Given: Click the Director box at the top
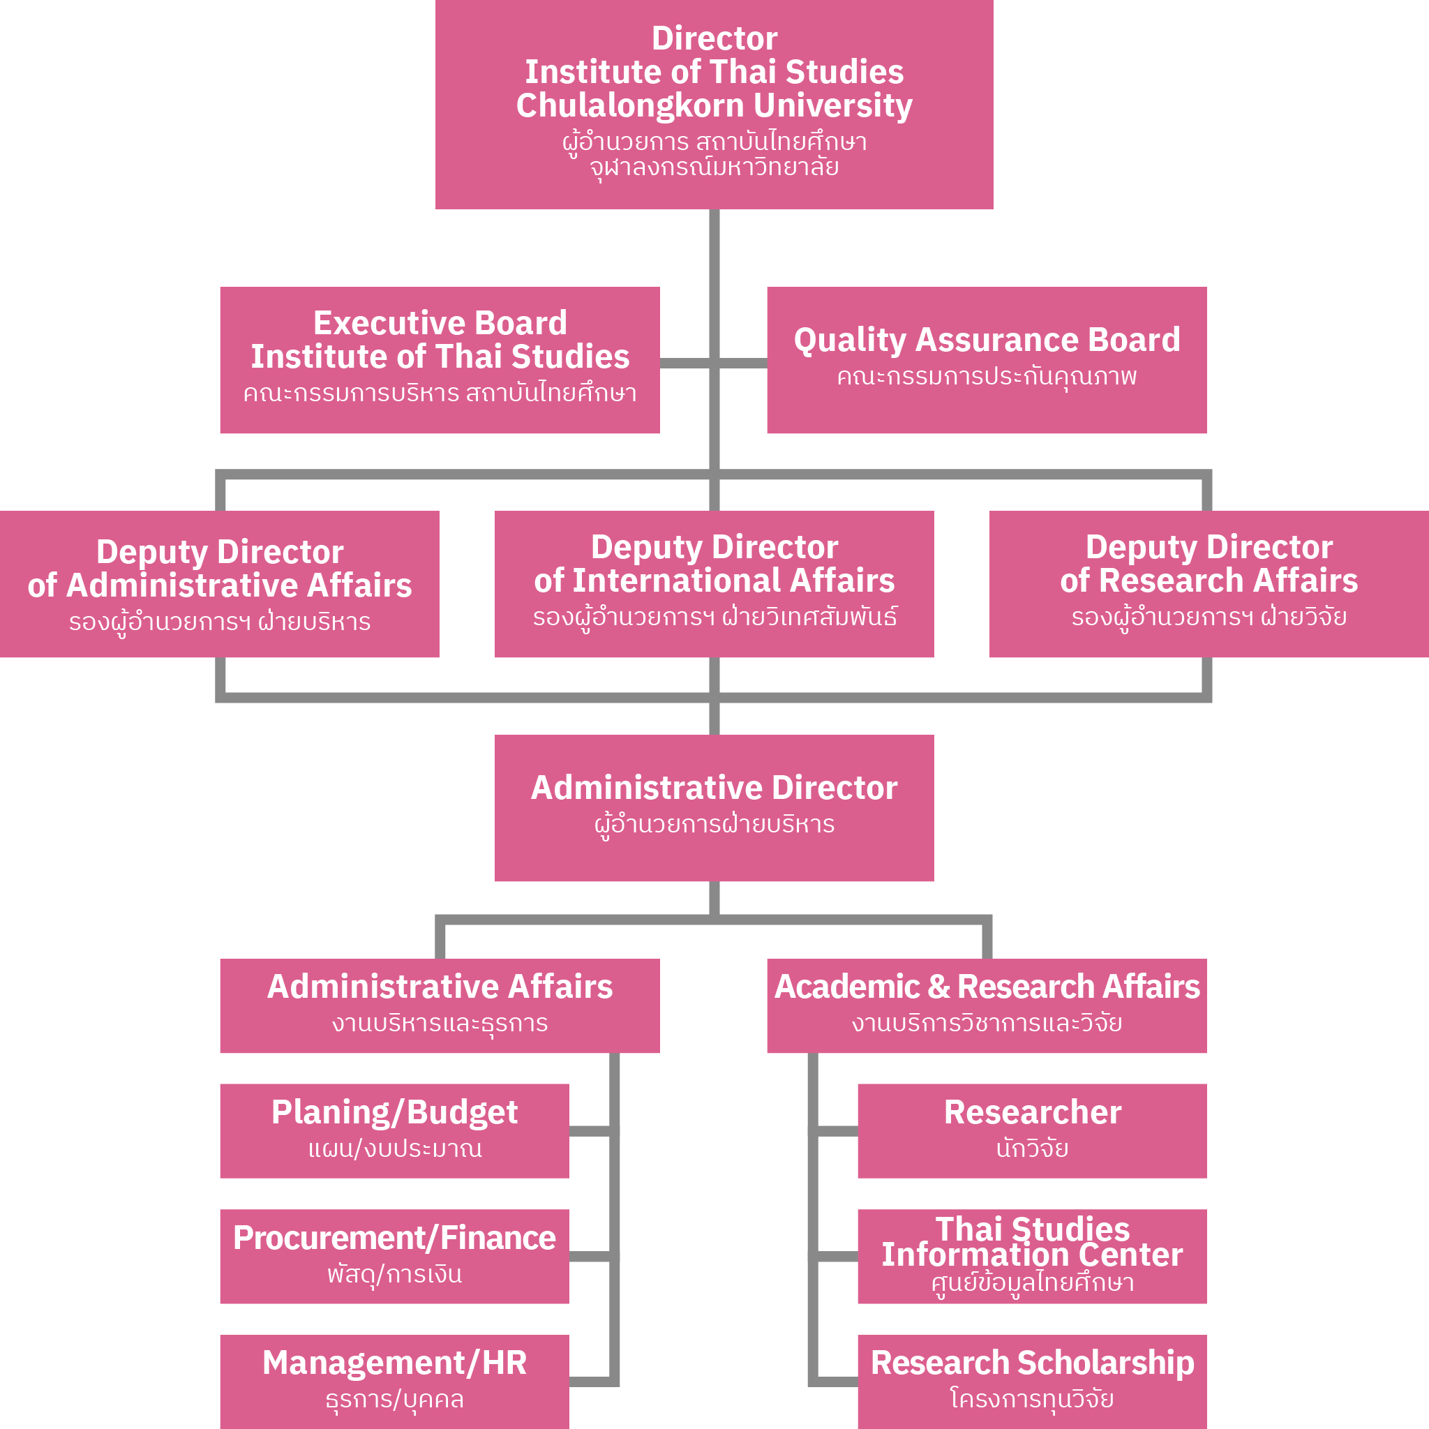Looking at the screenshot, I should coord(714,103).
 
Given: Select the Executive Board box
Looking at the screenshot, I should coord(440,360).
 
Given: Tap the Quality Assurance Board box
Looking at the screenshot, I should coord(987,360).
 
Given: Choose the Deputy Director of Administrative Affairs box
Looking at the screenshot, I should coord(220,583).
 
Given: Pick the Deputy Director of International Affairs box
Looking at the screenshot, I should coord(714,583).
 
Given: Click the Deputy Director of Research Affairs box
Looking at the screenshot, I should coord(1209,583).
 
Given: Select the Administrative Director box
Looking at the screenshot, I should coord(714,808).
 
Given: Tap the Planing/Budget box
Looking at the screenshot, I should coord(394,1130).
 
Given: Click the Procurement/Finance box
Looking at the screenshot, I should coord(394,1256).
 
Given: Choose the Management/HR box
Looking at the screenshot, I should coord(394,1380).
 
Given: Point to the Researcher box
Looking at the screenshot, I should coord(1032,1130).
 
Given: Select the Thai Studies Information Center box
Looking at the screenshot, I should coord(1032,1256).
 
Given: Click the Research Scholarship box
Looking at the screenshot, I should coord(1032,1380).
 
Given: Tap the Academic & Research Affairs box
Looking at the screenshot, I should coord(987,1005).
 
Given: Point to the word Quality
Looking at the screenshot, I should coord(850,341).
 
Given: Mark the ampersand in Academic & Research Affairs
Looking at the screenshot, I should coord(938,987).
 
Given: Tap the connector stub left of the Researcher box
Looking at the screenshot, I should coord(837,1130).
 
